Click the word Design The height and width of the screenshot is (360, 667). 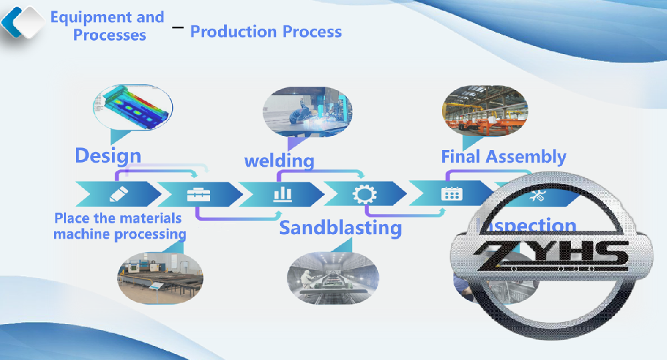click(x=108, y=155)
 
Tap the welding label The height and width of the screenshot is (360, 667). click(x=279, y=161)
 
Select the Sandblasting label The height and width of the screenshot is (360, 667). click(x=340, y=228)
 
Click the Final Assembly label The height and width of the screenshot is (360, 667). click(x=504, y=157)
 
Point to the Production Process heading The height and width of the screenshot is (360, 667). click(x=266, y=31)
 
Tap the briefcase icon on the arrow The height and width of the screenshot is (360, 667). click(x=199, y=194)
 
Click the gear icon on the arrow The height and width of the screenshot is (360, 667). click(x=364, y=194)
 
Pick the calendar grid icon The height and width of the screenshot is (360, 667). click(x=452, y=194)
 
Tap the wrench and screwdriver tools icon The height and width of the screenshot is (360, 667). click(x=537, y=195)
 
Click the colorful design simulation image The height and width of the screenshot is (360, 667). click(x=133, y=107)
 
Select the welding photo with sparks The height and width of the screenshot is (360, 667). click(x=306, y=111)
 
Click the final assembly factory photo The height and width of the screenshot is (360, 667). click(x=485, y=110)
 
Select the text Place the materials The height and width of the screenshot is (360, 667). click(x=118, y=218)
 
